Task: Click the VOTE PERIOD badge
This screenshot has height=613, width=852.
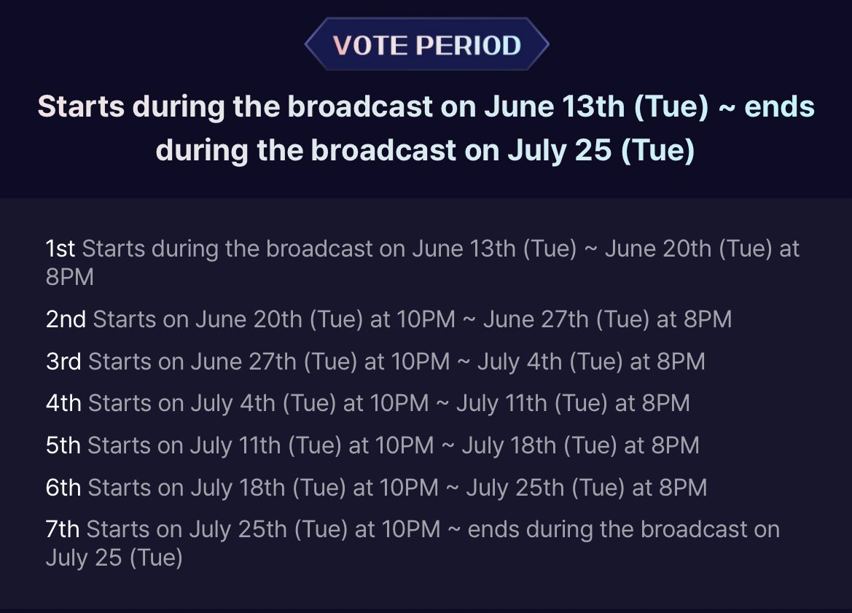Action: pyautogui.click(x=426, y=45)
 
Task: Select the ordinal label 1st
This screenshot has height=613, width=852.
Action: pyautogui.click(x=60, y=249)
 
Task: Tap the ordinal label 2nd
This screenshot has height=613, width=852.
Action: pyautogui.click(x=66, y=319)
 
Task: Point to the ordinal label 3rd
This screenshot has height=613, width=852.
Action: pyautogui.click(x=63, y=362)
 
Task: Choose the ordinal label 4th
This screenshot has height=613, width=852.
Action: pyautogui.click(x=63, y=403)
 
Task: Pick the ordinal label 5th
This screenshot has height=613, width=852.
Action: pyautogui.click(x=63, y=445)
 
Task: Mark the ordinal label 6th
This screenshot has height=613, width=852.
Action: pyautogui.click(x=63, y=488)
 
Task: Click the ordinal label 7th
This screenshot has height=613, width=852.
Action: pyautogui.click(x=63, y=529)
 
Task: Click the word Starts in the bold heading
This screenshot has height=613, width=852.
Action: pyautogui.click(x=81, y=107)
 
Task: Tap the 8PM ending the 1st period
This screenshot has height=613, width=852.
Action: pyautogui.click(x=70, y=278)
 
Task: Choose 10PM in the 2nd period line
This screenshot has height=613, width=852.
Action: pyautogui.click(x=426, y=319)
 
